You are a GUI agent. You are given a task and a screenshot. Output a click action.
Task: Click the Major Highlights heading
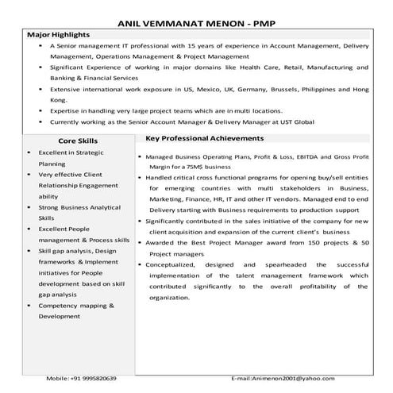(x=58, y=36)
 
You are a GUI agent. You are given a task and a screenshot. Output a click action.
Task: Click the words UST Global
(x=299, y=123)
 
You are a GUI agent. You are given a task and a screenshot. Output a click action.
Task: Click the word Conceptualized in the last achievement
(x=173, y=263)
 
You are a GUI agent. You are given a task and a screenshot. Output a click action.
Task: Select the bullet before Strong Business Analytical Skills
(x=30, y=206)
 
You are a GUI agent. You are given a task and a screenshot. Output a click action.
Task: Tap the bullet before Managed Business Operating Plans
(x=140, y=158)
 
